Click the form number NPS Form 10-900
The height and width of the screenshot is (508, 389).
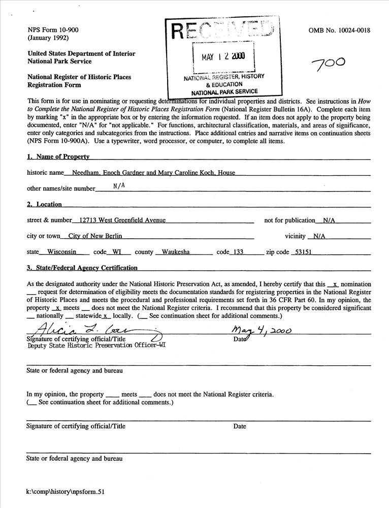(53, 30)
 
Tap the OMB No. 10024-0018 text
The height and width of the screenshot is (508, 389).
(339, 30)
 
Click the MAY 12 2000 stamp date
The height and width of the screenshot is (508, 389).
(223, 56)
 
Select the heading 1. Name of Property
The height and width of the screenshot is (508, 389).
(58, 157)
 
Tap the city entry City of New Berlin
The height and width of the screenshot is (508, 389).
(95, 236)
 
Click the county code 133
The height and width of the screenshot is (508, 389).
(236, 252)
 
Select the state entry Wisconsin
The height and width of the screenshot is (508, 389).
(61, 252)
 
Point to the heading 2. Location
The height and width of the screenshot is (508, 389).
(44, 204)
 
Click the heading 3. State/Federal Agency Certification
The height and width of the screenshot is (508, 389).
(82, 268)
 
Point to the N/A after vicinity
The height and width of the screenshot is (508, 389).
(319, 236)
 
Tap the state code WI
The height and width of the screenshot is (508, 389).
(117, 252)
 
